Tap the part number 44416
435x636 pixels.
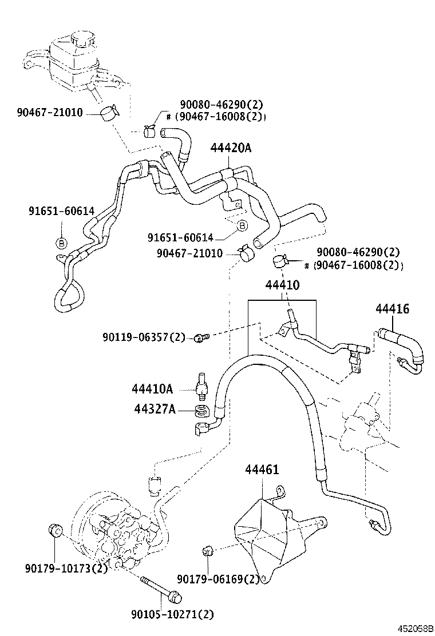(392, 309)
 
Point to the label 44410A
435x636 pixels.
(152, 389)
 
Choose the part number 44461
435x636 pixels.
(262, 470)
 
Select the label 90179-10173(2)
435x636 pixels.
(66, 569)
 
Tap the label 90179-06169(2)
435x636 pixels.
(218, 579)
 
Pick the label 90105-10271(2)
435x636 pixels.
(172, 614)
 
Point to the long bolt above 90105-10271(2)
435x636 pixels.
(160, 589)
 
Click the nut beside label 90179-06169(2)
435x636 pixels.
(208, 551)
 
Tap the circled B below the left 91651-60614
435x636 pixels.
(61, 243)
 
